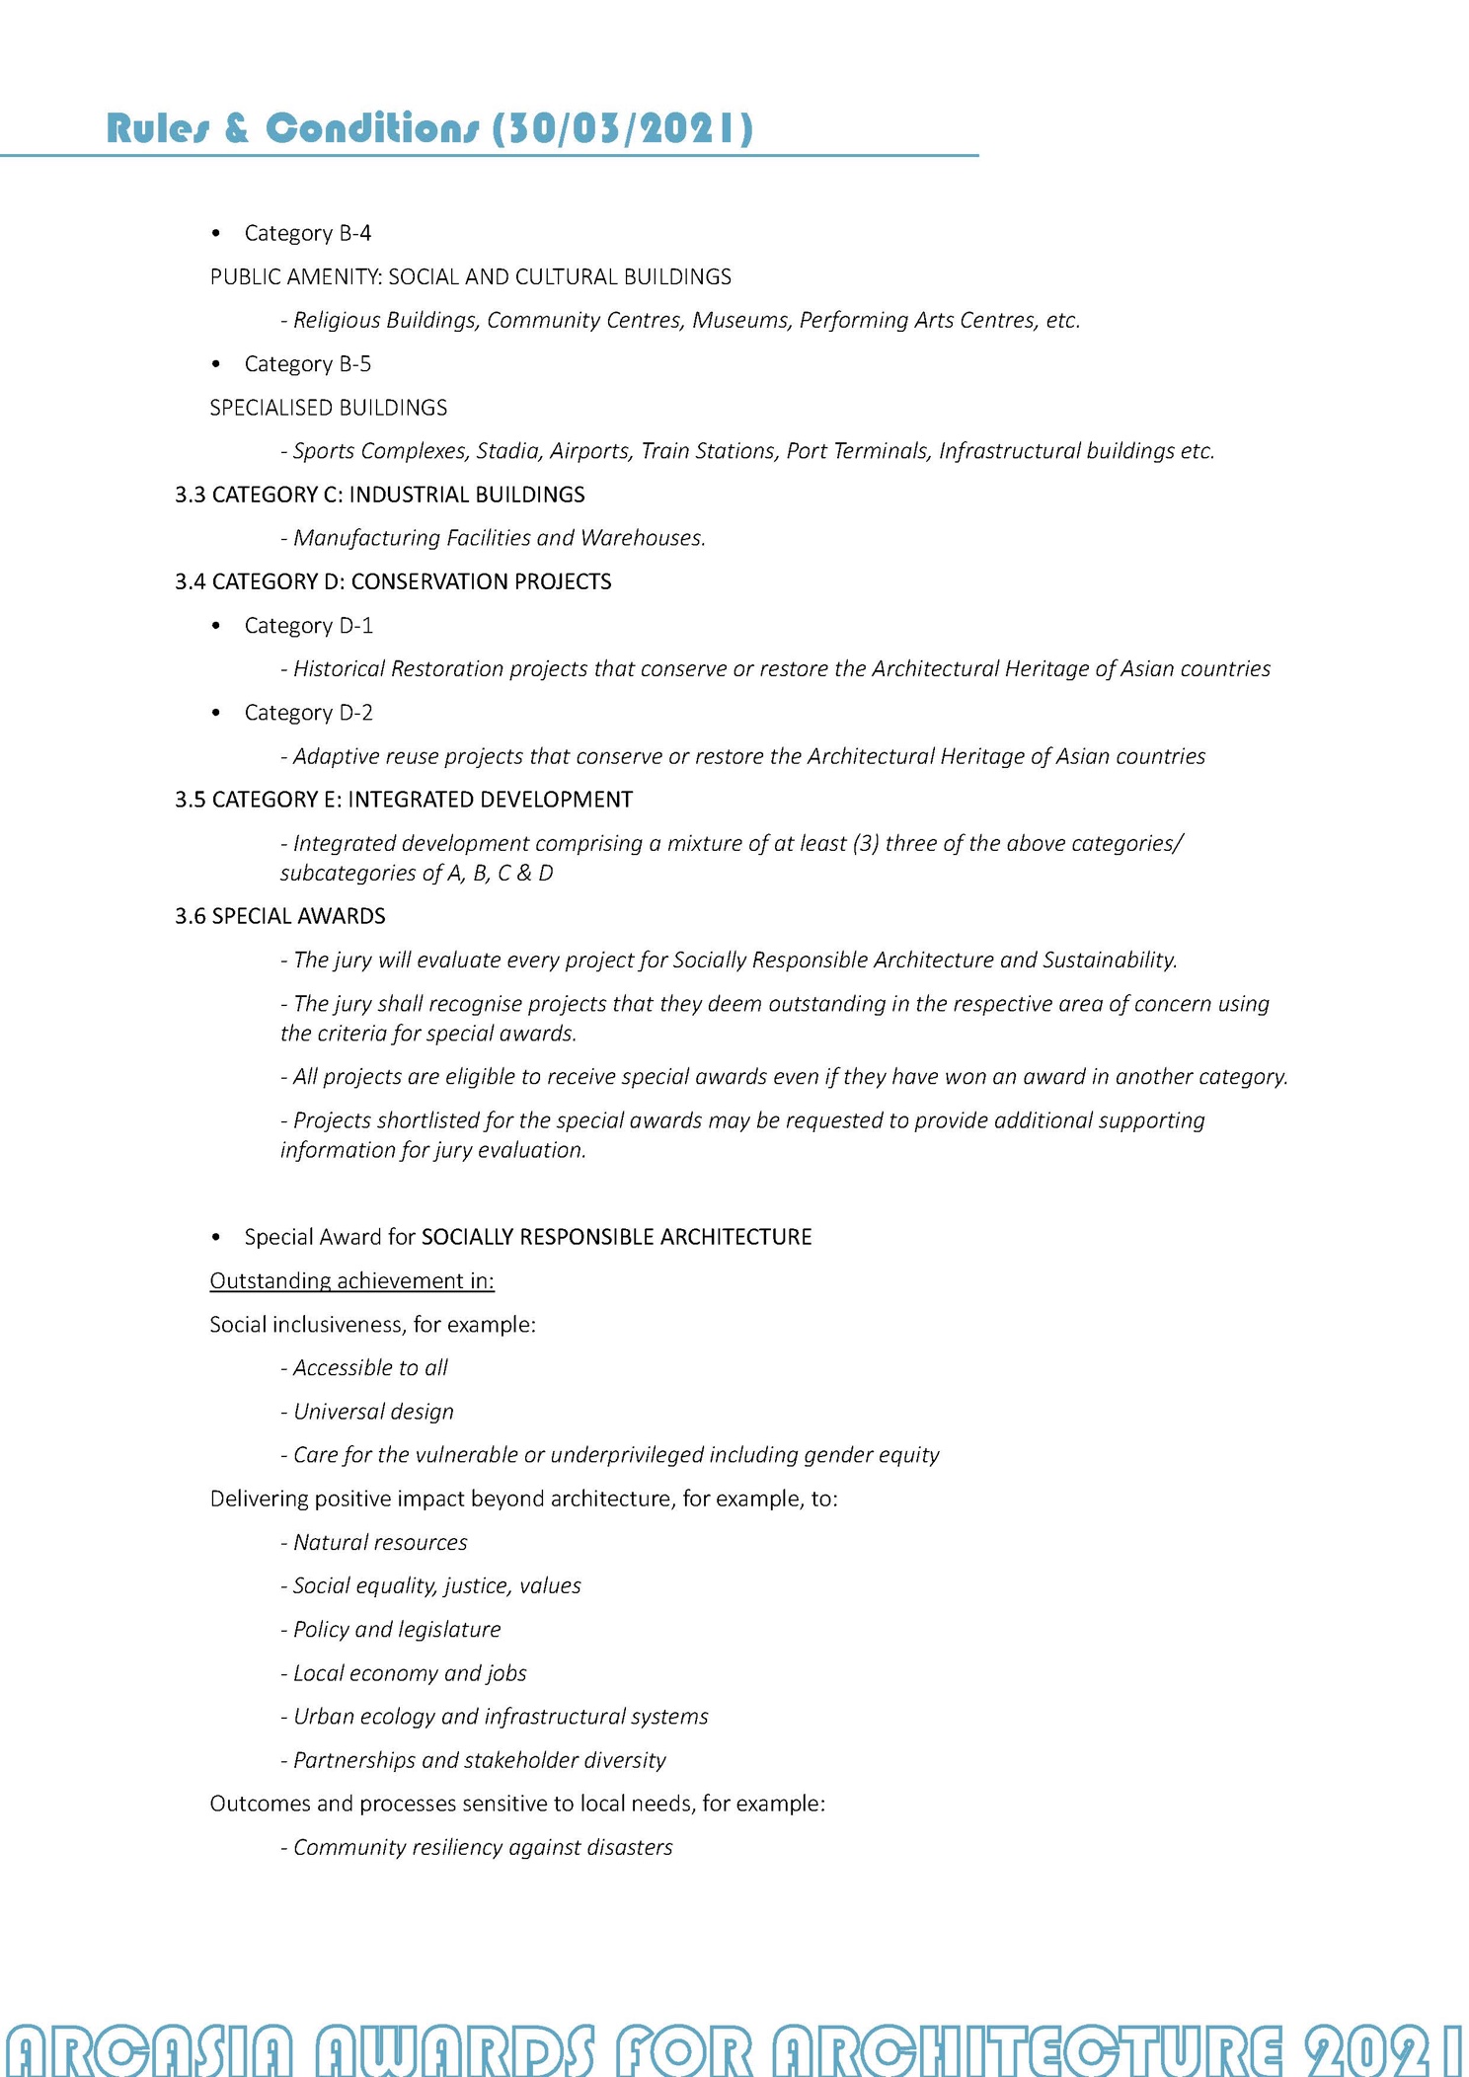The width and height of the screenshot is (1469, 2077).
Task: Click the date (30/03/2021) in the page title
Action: [623, 128]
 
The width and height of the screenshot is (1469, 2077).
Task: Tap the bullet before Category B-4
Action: [216, 234]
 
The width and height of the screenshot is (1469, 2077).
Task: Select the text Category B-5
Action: [307, 364]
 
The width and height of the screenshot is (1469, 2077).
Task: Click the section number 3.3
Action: [190, 495]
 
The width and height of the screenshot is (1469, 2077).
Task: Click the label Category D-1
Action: [308, 626]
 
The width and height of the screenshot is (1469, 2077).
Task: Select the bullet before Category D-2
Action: [216, 714]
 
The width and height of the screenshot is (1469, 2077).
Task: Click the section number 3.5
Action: [190, 800]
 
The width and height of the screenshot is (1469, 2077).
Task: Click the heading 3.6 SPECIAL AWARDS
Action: [279, 916]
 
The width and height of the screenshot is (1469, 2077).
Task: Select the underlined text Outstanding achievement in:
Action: [351, 1281]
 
